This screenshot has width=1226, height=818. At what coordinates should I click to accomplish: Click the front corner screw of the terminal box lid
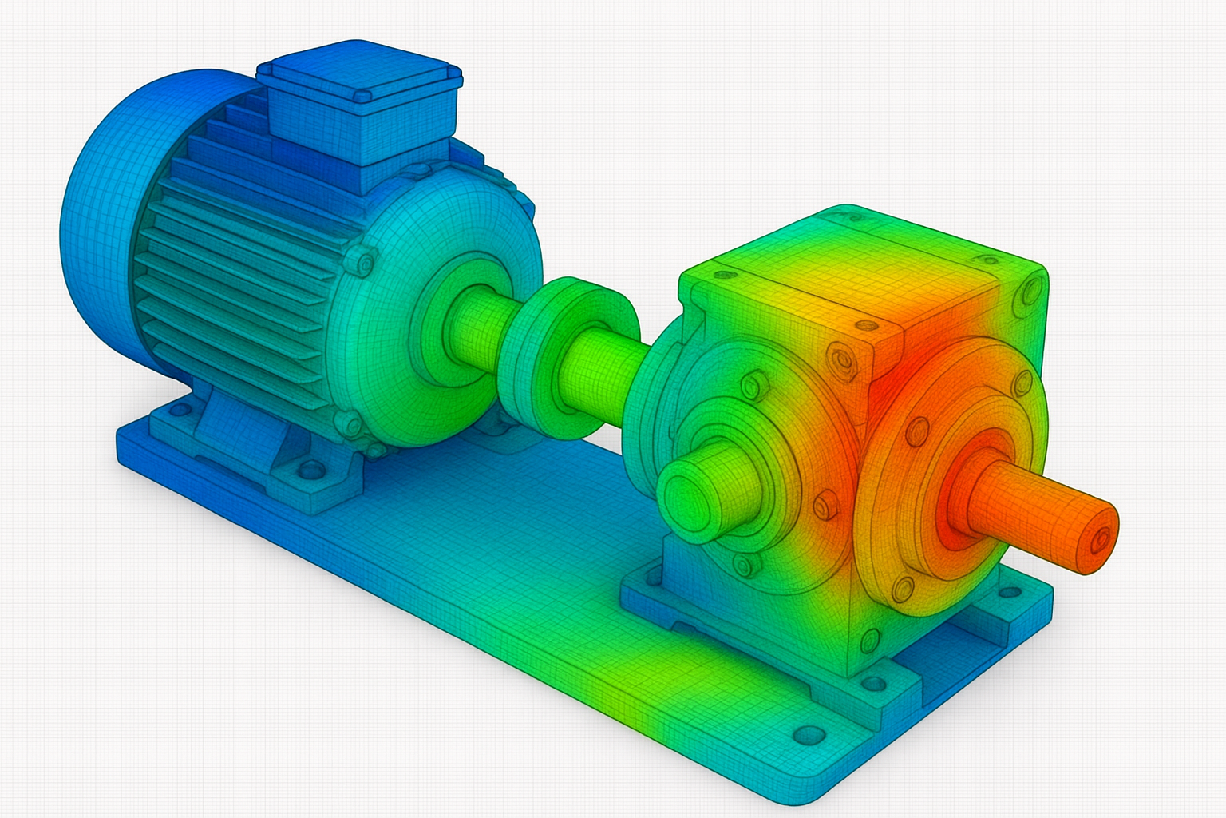click(363, 97)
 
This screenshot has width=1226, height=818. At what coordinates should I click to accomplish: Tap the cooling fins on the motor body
click(239, 264)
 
